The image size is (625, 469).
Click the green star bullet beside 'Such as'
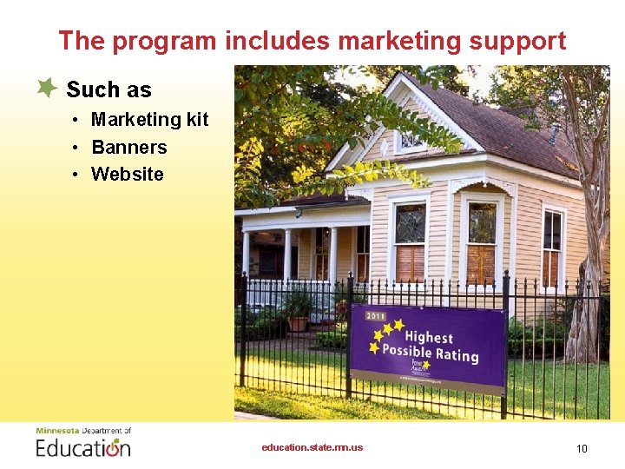(48, 88)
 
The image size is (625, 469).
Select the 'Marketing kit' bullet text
(149, 120)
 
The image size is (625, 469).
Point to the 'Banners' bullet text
(128, 147)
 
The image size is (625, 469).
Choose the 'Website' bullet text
(127, 174)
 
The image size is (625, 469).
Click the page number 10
(582, 448)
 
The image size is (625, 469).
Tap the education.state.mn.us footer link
(312, 448)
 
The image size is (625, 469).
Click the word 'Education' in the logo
(83, 447)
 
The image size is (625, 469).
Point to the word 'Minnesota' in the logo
(56, 431)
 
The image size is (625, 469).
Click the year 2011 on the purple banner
(376, 317)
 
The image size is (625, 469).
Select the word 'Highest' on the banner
(429, 337)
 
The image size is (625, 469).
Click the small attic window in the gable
(409, 138)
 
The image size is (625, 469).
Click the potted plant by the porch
(298, 309)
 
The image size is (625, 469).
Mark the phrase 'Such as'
(109, 89)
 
